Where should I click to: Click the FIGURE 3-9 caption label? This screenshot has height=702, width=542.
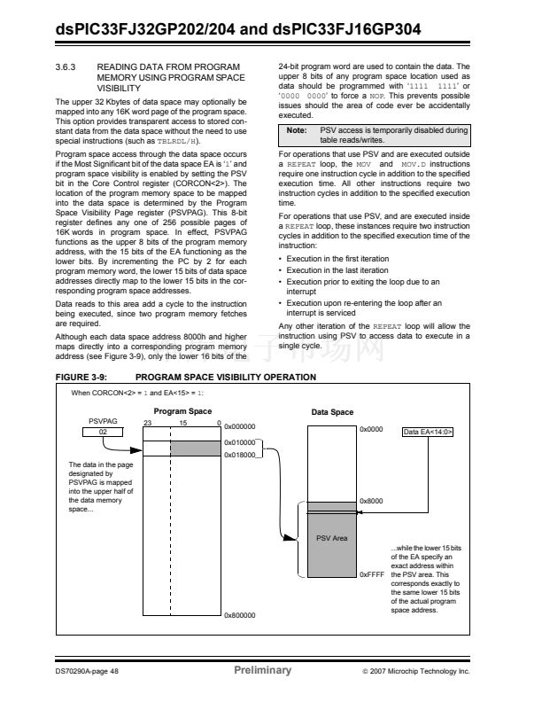pyautogui.click(x=81, y=378)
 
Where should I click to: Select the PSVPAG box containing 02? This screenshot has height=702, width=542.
pyautogui.click(x=103, y=432)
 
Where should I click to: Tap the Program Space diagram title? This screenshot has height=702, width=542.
pyautogui.click(x=182, y=411)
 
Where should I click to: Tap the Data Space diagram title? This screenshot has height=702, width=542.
pyautogui.click(x=332, y=413)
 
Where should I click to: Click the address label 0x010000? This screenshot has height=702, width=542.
pyautogui.click(x=240, y=441)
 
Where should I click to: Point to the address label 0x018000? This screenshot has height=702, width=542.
pyautogui.click(x=240, y=455)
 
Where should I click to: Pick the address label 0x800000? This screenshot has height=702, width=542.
pyautogui.click(x=240, y=614)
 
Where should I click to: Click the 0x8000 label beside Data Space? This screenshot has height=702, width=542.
pyautogui.click(x=370, y=502)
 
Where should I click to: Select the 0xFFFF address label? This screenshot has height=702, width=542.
pyautogui.click(x=371, y=574)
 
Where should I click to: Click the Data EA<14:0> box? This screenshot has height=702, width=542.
pyautogui.click(x=428, y=432)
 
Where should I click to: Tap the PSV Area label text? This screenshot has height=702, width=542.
pyautogui.click(x=332, y=538)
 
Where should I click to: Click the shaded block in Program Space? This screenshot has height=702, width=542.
pyautogui.click(x=194, y=448)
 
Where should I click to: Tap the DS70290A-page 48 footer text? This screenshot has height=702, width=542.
pyautogui.click(x=81, y=671)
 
